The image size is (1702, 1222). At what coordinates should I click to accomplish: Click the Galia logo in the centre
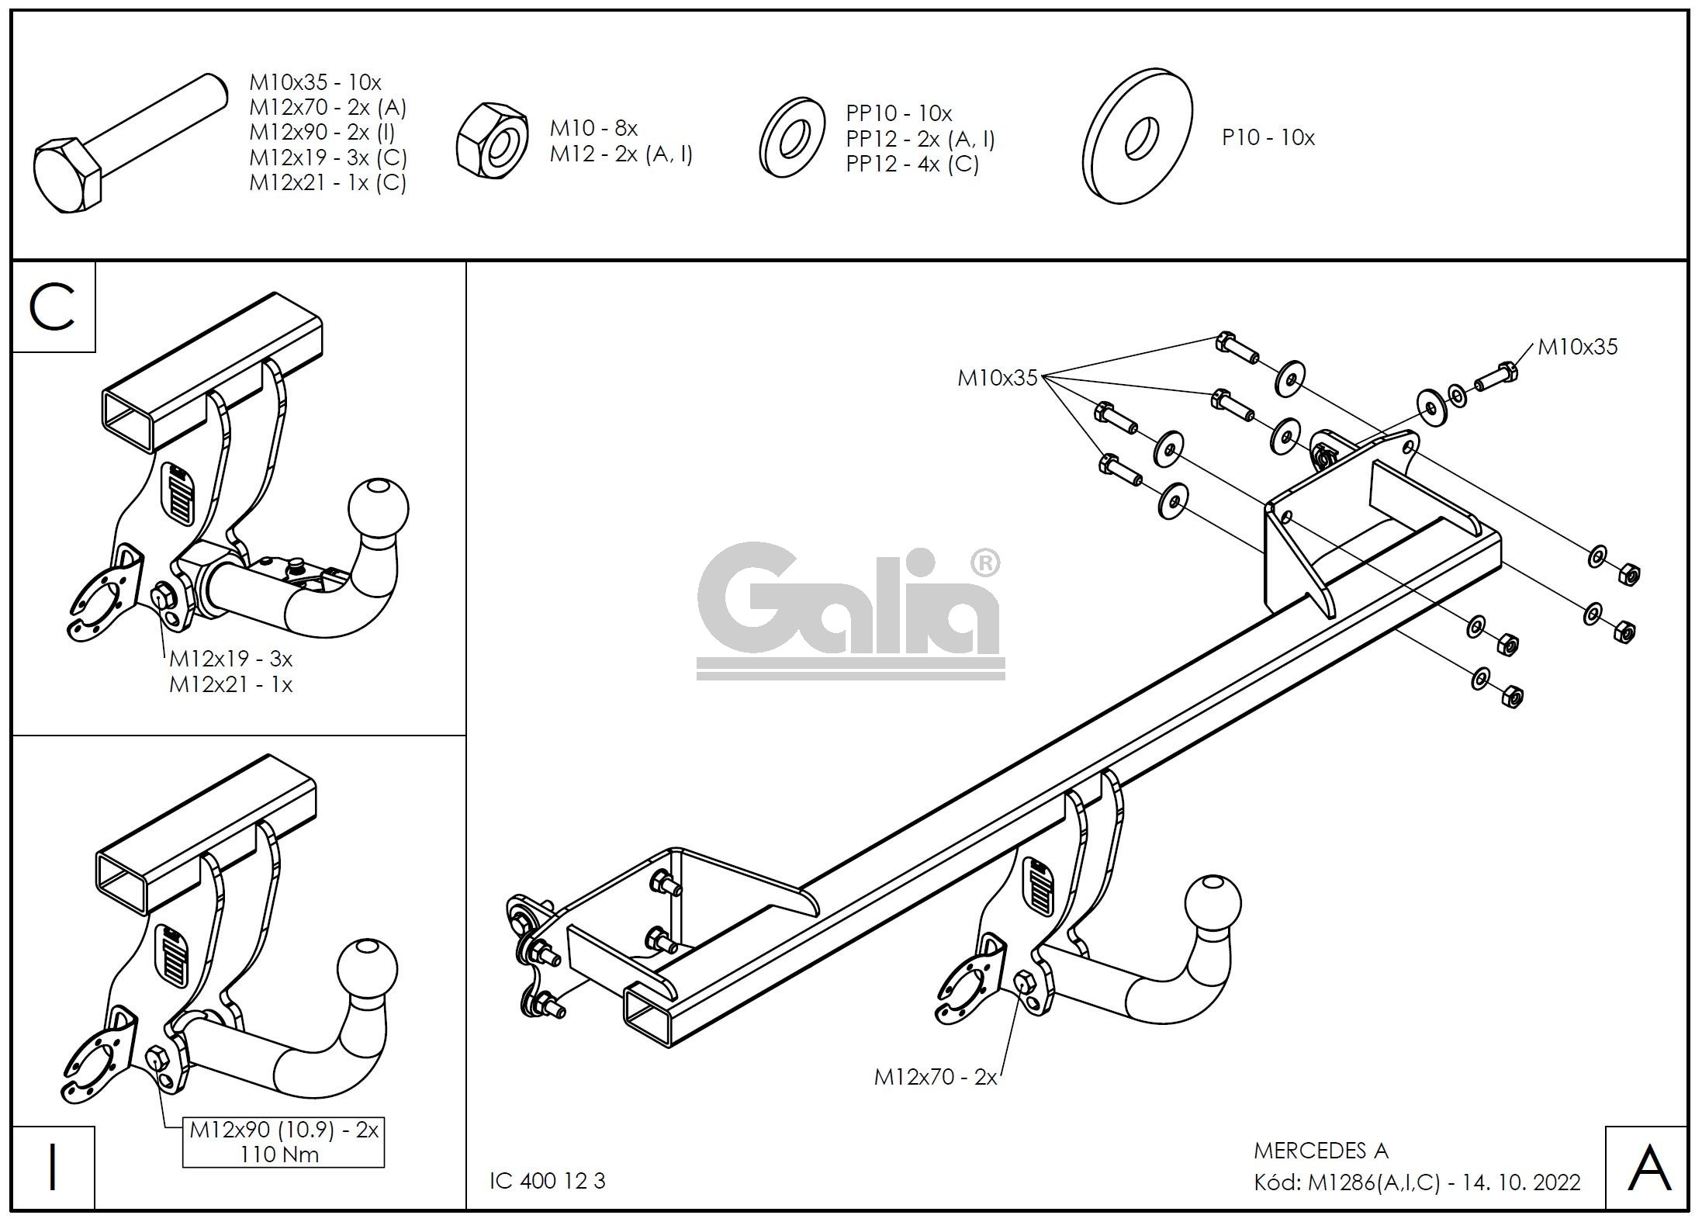(849, 610)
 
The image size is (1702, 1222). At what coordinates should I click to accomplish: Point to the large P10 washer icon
(1138, 136)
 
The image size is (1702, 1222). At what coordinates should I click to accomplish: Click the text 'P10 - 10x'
(1268, 138)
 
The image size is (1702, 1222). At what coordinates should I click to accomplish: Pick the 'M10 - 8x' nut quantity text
(593, 128)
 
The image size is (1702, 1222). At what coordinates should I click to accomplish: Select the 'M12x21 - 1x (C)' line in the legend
(327, 183)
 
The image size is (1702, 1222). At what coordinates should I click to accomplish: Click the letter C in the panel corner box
(53, 307)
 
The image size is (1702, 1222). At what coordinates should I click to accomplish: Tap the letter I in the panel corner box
(52, 1166)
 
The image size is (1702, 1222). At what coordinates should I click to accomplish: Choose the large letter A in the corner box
(1648, 1168)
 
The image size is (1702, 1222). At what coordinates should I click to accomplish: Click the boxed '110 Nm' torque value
(279, 1154)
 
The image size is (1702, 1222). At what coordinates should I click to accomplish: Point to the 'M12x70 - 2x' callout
(935, 1077)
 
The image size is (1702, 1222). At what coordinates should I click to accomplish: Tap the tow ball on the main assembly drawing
(1213, 905)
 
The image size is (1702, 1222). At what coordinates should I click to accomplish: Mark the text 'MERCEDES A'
(1320, 1151)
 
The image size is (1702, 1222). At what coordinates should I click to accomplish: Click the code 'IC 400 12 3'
(547, 1181)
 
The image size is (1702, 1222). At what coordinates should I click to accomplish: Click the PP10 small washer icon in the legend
(791, 138)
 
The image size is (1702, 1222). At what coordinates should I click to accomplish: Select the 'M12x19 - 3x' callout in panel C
(230, 659)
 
